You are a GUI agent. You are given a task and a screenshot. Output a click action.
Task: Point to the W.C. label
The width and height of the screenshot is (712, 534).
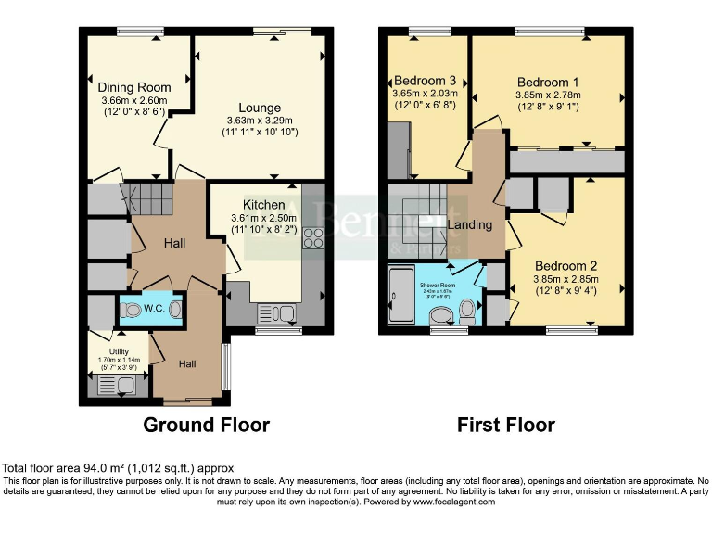[154, 309]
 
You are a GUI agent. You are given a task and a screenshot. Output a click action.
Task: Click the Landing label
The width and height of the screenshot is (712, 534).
[469, 224]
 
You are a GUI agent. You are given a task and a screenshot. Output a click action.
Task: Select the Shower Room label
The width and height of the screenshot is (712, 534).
[434, 285]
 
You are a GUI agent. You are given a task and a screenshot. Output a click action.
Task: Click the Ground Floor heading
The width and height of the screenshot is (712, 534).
[206, 426]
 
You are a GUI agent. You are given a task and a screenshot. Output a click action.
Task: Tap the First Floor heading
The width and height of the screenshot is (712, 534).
[505, 426]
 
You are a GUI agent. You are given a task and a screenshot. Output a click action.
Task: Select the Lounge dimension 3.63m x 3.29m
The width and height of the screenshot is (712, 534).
[260, 121]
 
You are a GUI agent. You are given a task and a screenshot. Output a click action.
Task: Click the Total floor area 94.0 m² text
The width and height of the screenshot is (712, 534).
[119, 467]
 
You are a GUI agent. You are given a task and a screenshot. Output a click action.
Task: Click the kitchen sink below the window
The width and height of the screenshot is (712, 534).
[275, 314]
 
